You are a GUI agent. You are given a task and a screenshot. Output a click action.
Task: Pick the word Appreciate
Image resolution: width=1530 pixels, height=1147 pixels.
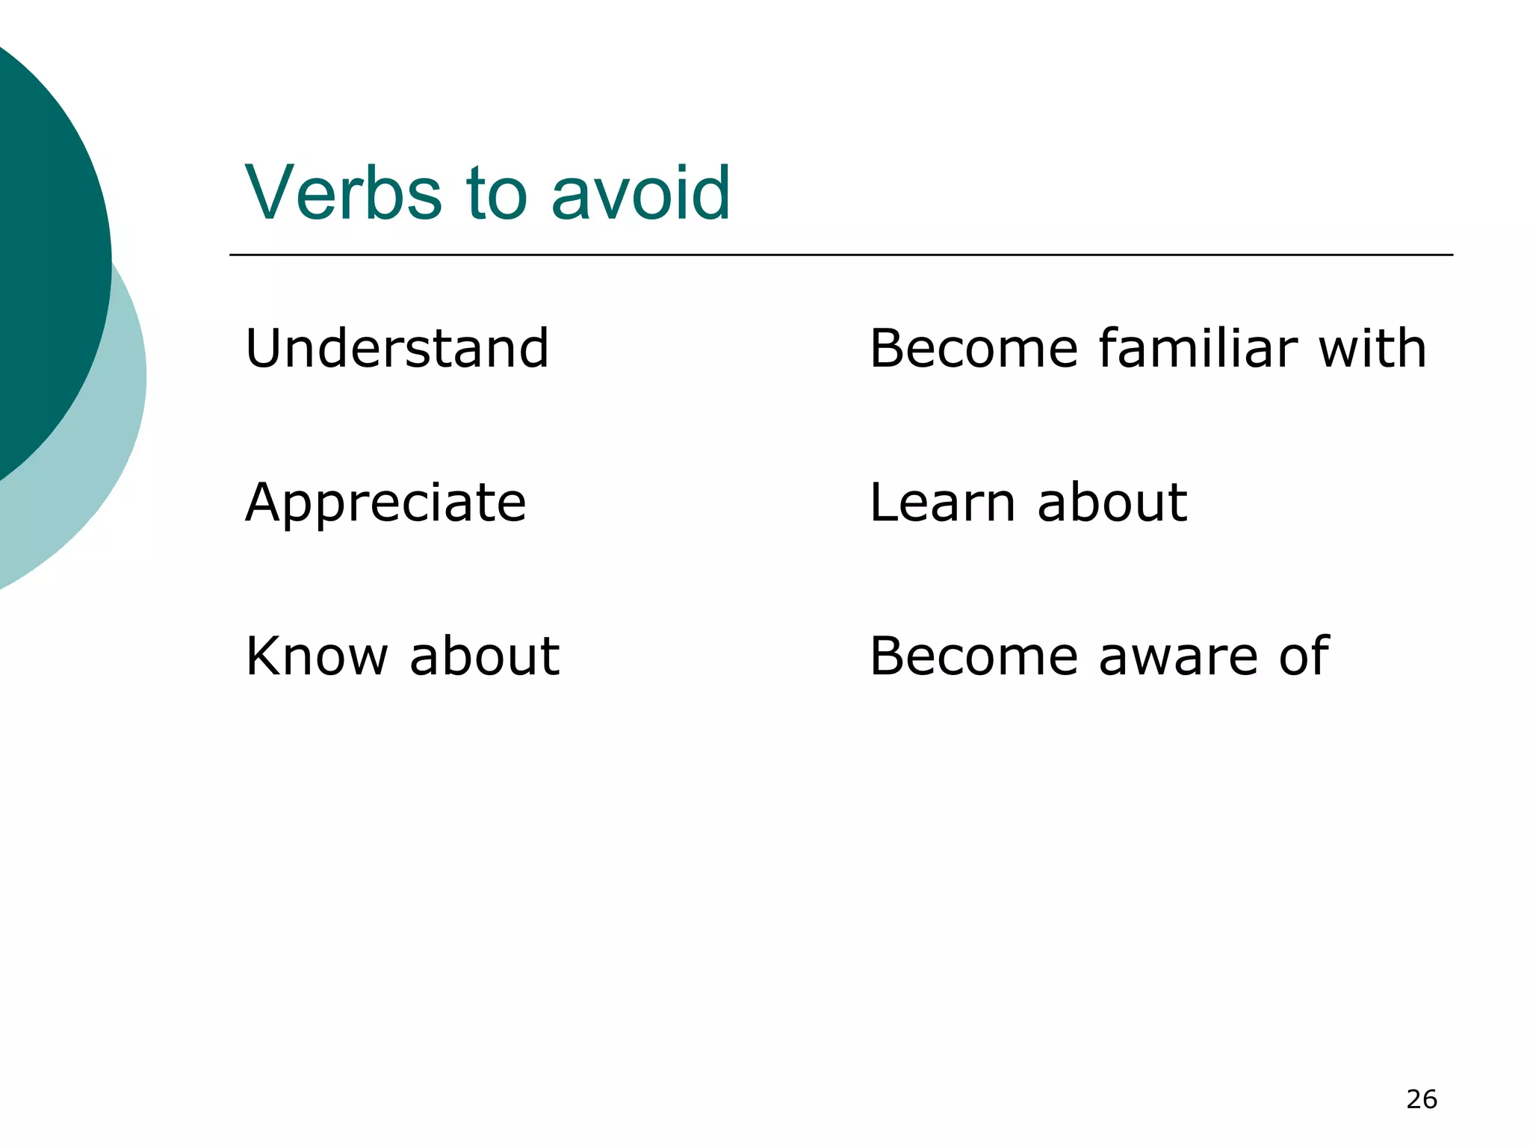click(x=385, y=503)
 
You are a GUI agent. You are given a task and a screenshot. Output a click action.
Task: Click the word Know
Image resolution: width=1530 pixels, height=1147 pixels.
click(x=317, y=656)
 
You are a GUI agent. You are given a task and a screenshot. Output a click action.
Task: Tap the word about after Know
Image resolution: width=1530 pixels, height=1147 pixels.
click(x=484, y=656)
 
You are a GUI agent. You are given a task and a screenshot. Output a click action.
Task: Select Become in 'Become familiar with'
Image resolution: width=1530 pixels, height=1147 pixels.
click(x=973, y=349)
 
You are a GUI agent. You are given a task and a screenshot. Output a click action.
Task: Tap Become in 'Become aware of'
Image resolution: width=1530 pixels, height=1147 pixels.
click(x=973, y=656)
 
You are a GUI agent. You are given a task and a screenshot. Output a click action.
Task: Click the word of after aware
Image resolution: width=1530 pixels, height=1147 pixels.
click(x=1304, y=656)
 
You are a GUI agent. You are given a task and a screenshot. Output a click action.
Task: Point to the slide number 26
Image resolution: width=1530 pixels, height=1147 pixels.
click(x=1421, y=1099)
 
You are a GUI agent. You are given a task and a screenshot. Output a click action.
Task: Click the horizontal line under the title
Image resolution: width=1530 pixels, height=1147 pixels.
click(x=840, y=255)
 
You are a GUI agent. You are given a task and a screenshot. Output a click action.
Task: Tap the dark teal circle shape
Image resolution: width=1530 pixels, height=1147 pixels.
click(x=45, y=254)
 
